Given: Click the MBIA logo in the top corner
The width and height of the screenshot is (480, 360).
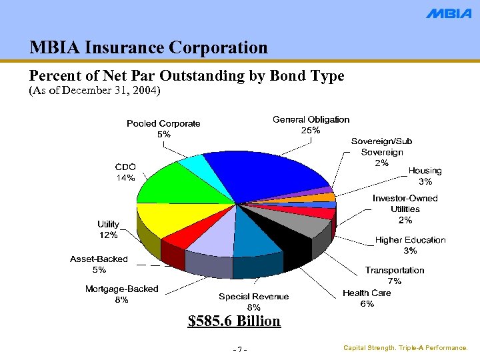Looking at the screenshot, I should tap(448, 13).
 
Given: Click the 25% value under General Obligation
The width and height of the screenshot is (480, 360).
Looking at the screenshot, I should tap(311, 131).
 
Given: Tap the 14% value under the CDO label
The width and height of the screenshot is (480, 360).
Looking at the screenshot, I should tap(125, 178).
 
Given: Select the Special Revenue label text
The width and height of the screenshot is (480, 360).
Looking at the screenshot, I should tap(253, 297).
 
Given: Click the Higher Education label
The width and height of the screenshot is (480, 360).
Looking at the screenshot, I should tap(410, 240).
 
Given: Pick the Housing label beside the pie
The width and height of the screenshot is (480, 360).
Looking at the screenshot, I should tap(425, 171).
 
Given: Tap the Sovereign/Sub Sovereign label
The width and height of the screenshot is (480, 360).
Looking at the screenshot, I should tap(381, 147).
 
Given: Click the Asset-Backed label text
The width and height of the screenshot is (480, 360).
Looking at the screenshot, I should tap(99, 259).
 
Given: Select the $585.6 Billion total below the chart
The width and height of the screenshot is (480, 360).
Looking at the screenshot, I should tap(234, 321).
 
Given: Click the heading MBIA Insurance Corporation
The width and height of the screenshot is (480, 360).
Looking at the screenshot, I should tap(149, 47).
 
